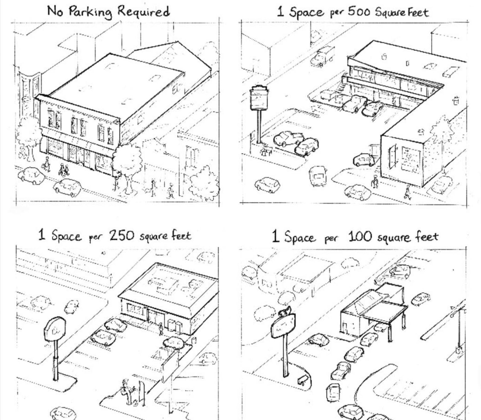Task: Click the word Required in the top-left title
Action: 143,11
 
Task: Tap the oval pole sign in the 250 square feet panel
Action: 55,329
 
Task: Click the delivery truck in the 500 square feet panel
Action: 323,57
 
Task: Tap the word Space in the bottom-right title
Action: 300,237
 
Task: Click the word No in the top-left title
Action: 55,11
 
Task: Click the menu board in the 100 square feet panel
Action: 302,379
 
